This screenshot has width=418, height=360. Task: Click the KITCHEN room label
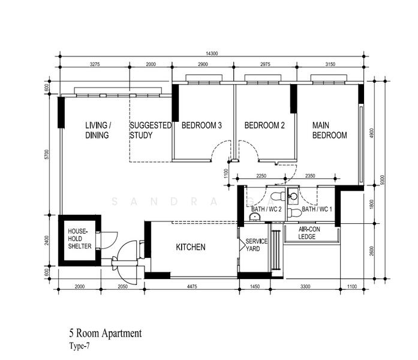tap(191, 247)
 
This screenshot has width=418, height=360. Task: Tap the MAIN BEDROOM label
tap(329, 130)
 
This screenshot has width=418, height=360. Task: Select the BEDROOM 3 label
tap(202, 125)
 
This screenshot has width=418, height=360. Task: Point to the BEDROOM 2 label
tap(264, 125)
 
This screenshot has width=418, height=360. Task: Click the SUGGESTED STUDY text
tap(151, 130)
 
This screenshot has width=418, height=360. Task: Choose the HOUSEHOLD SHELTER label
tap(79, 239)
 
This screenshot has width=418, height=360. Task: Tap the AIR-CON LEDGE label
tap(309, 233)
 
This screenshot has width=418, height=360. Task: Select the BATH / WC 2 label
tap(266, 209)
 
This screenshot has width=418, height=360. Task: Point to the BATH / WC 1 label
tap(317, 209)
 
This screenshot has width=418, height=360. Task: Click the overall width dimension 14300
tap(212, 53)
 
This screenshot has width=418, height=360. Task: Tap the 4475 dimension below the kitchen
tap(192, 286)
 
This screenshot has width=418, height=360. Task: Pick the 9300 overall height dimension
tap(383, 180)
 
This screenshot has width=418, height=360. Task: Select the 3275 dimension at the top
tap(95, 64)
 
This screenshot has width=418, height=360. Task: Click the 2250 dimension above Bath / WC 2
tap(261, 176)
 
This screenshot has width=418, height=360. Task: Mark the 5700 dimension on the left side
tap(47, 155)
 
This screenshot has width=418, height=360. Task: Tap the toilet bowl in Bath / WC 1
tap(294, 213)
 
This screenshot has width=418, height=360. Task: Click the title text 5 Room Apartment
tap(106, 334)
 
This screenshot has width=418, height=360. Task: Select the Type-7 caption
tap(79, 346)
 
